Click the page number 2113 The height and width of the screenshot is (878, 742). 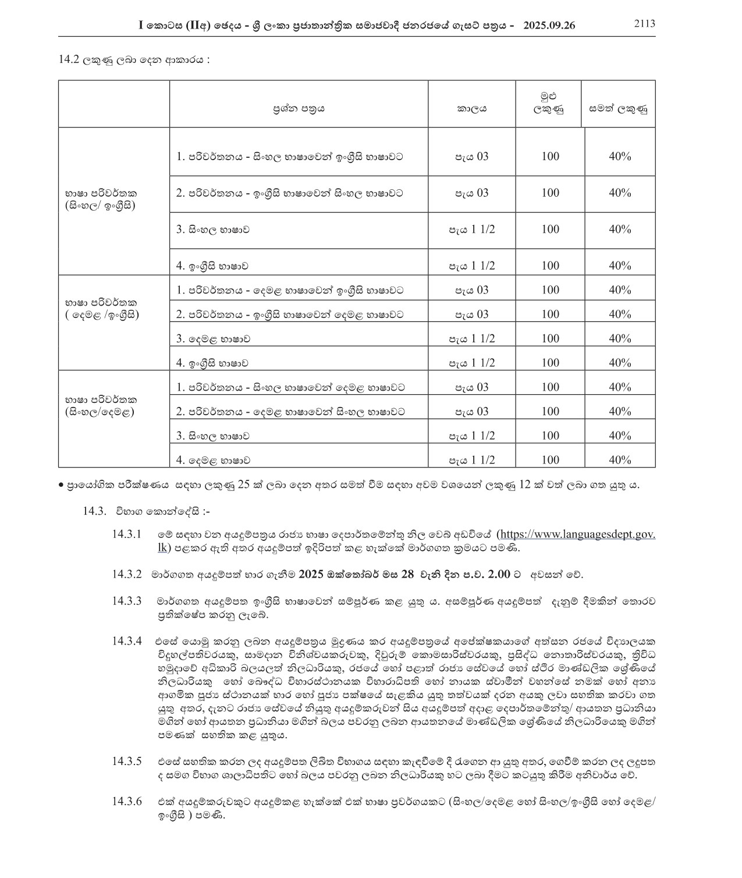click(x=644, y=24)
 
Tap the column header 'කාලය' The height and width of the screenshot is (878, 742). click(x=471, y=108)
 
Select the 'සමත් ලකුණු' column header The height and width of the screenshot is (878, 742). click(x=618, y=108)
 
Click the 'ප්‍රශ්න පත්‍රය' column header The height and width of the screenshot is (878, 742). click(x=299, y=108)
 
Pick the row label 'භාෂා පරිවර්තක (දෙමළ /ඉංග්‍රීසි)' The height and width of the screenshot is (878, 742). click(x=102, y=309)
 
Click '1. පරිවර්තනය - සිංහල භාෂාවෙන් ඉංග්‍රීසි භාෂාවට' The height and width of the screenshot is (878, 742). click(x=290, y=157)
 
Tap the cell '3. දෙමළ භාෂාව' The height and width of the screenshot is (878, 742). click(x=214, y=339)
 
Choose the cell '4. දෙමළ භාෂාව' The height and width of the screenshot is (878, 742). click(x=214, y=460)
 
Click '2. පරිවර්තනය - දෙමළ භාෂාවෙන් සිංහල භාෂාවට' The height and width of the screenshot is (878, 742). click(x=290, y=412)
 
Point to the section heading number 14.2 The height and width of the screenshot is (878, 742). click(x=69, y=59)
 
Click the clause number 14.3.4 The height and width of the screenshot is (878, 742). click(x=127, y=641)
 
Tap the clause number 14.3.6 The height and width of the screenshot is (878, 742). click(x=127, y=802)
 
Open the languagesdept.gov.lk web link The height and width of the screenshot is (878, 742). click(x=578, y=534)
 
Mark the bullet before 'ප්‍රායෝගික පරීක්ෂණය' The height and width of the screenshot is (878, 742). click(x=61, y=485)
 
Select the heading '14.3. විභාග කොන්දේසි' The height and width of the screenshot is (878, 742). click(x=146, y=511)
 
